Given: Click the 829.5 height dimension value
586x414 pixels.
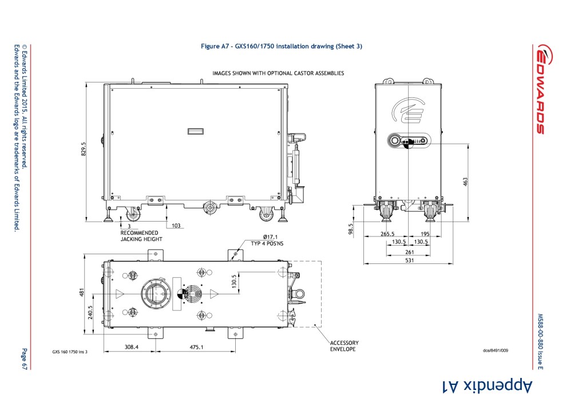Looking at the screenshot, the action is (84, 149).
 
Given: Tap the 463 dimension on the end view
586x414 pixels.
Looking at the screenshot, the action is (465, 182).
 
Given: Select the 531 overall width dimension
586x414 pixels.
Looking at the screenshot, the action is (410, 261).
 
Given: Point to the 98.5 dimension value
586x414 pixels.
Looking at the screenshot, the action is (351, 229).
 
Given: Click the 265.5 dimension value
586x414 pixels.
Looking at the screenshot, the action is (387, 234).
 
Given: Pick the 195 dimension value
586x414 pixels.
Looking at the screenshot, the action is (425, 234).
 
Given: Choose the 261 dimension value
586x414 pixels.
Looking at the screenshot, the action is (410, 252).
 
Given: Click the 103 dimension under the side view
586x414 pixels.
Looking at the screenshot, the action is (176, 226).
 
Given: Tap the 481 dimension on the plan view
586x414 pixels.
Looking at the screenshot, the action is (82, 293).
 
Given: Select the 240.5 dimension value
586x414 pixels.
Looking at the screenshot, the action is (90, 313).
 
